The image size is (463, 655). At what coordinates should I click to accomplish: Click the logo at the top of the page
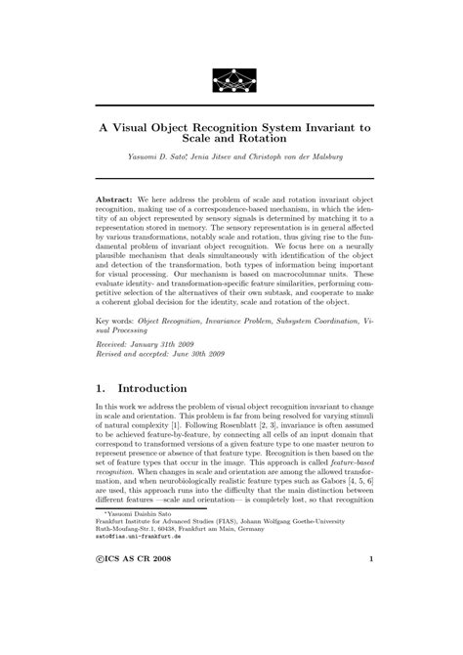tap(231, 77)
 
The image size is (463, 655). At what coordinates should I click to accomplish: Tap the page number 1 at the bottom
tap(371, 614)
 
